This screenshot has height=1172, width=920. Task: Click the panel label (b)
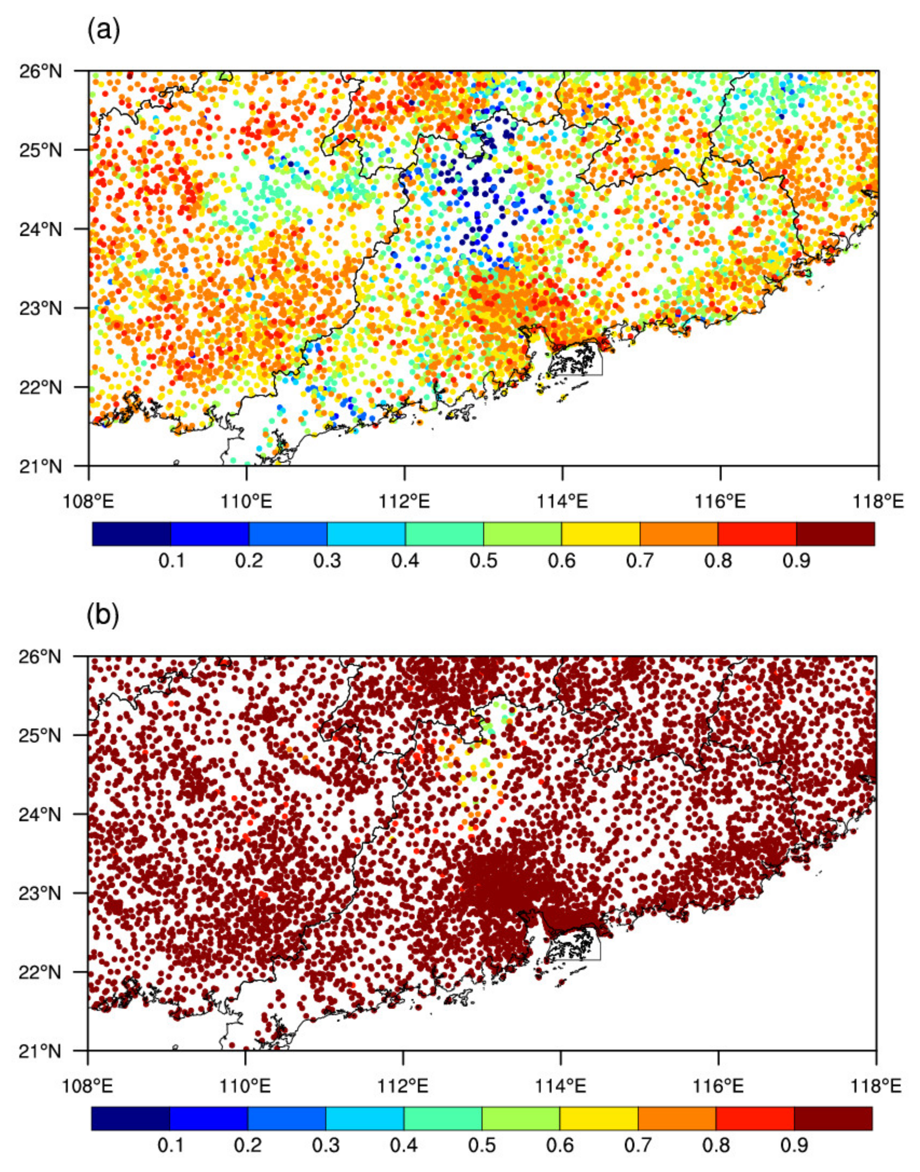click(x=103, y=616)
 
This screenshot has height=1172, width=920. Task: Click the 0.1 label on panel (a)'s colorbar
click(x=171, y=561)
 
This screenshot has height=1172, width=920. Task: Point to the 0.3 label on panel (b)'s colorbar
click(x=326, y=1145)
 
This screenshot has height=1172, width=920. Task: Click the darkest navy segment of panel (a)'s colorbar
click(x=131, y=534)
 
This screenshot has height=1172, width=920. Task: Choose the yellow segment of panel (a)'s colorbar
click(x=601, y=534)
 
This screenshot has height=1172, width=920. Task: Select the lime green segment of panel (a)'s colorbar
click(x=523, y=534)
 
